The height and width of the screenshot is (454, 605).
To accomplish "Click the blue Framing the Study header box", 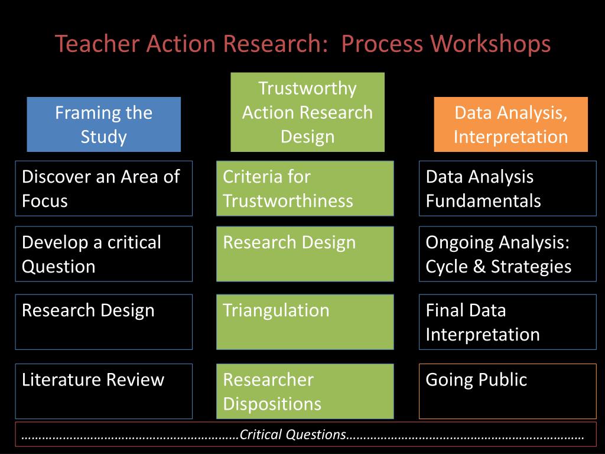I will click(103, 124).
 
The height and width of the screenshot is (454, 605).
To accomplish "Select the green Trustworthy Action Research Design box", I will click(307, 112).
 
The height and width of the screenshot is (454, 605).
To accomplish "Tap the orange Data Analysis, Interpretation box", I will click(510, 124).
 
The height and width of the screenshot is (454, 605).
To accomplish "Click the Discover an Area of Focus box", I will click(103, 188).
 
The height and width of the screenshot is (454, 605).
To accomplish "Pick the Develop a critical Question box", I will click(103, 254).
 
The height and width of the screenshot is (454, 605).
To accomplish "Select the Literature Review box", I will click(103, 391).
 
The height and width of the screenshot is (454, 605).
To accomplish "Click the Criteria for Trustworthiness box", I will click(305, 188).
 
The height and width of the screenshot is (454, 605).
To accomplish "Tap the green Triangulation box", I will click(305, 322).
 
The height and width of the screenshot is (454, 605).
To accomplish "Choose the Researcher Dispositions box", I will click(305, 391).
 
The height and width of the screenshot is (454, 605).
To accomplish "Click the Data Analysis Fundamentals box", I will click(508, 188).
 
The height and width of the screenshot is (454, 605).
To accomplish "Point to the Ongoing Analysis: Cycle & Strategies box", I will click(508, 254).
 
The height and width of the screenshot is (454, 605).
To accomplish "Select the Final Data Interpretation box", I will click(508, 322).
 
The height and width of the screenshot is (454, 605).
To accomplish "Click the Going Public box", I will click(508, 391).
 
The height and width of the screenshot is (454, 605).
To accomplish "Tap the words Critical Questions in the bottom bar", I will click(293, 434).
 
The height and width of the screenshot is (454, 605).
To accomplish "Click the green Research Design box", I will click(305, 254).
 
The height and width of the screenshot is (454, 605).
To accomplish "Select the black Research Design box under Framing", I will click(103, 322).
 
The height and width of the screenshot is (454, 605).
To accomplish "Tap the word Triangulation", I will click(276, 310).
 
